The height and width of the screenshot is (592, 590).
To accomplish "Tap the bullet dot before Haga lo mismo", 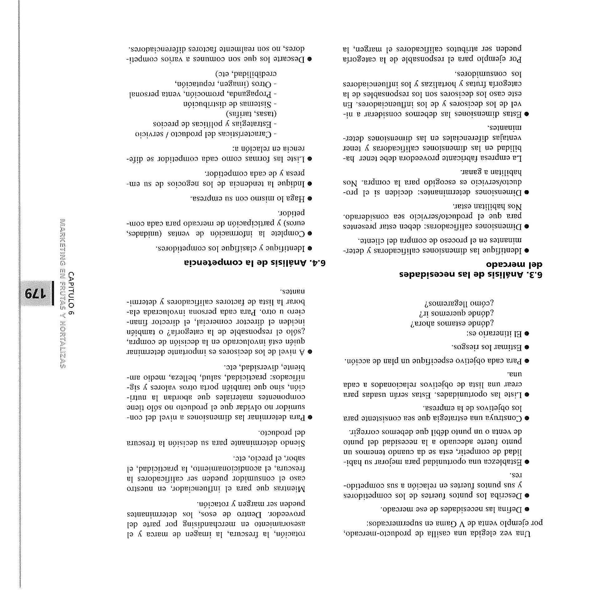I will (x=310, y=198).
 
